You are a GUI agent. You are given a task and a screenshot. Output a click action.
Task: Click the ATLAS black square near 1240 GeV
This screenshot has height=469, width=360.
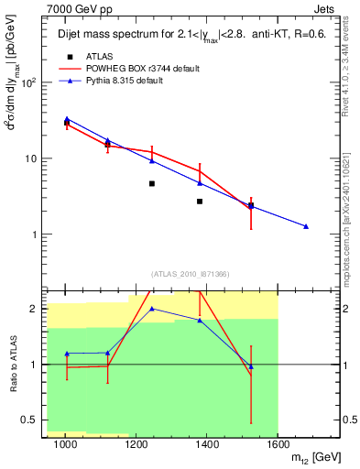coord(152,183)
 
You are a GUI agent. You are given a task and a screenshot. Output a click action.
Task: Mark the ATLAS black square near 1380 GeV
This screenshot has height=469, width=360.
coord(200,201)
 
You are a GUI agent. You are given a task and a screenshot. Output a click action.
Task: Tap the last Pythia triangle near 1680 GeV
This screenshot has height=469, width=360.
coord(306,226)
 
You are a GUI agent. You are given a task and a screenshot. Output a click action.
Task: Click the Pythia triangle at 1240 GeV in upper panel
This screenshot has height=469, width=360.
coord(152,160)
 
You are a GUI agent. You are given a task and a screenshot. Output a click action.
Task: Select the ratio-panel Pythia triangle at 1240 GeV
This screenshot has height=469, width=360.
coord(152,309)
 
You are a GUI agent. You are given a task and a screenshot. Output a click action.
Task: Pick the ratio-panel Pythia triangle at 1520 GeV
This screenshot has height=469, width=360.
coord(251,366)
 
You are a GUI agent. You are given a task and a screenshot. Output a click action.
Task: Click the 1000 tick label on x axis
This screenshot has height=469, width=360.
coord(66,444)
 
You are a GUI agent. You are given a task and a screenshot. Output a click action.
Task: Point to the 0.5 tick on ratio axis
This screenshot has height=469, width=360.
coord(36,420)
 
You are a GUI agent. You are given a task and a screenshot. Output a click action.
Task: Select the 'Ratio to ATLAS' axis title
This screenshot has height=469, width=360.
coord(12,364)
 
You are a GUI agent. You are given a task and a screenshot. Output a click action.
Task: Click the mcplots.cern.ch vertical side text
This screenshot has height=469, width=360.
coord(348,220)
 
